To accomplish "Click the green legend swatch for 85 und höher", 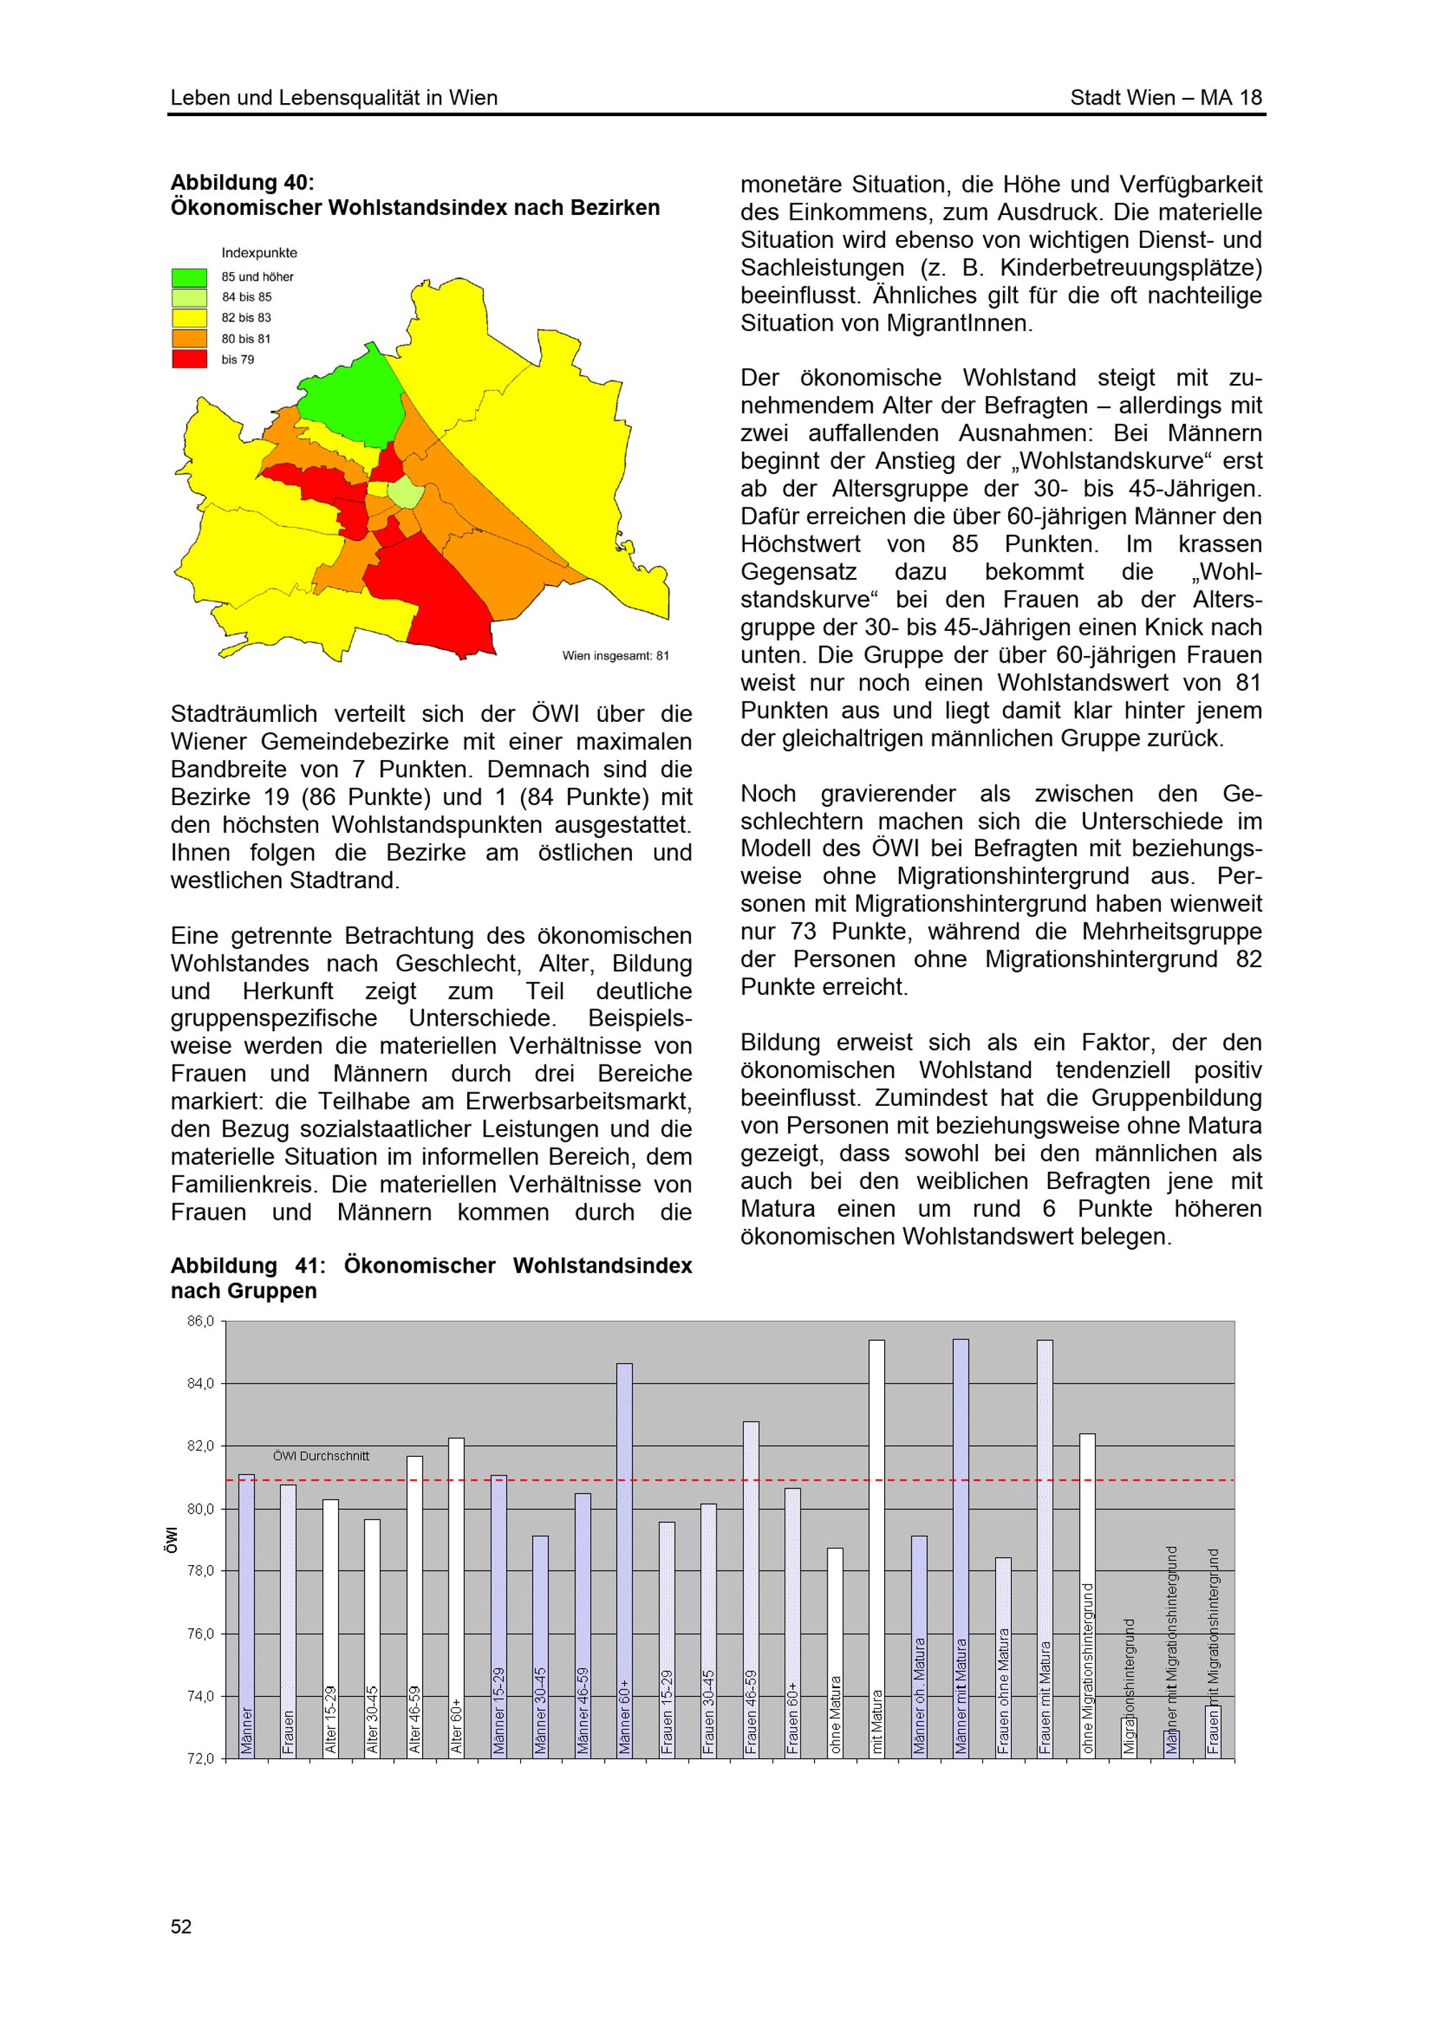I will tap(189, 277).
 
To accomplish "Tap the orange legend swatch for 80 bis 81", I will tap(189, 338).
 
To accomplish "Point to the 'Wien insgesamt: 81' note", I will tap(615, 656).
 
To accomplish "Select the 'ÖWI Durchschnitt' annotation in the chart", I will tap(322, 1457).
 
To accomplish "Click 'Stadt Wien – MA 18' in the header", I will tap(1166, 98).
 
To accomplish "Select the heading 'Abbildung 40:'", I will tap(242, 183).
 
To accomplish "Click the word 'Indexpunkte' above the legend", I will tap(259, 254).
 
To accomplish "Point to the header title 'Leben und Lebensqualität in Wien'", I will tap(334, 98).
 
